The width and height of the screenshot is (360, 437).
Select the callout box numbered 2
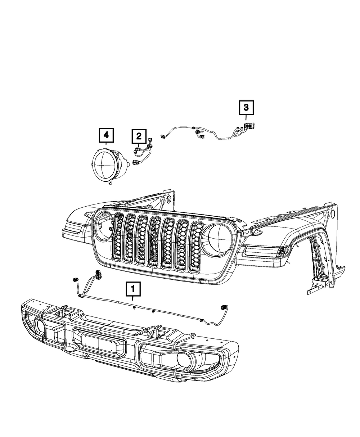(x=139, y=136)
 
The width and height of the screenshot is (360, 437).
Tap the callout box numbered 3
(x=246, y=107)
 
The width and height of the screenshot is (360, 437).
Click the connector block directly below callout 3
(x=248, y=126)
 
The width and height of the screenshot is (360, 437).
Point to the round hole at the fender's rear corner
(x=332, y=214)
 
